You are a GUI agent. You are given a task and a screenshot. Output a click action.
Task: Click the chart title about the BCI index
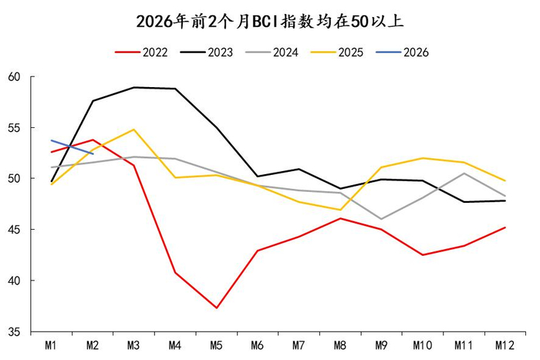(x=270, y=20)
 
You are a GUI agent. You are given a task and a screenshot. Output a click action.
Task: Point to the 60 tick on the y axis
(x=14, y=76)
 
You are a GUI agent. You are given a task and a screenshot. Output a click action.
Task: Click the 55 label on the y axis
(x=14, y=127)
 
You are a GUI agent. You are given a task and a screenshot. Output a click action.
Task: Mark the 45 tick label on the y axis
(x=14, y=230)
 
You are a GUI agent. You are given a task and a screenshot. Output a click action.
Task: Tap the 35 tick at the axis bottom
(x=14, y=332)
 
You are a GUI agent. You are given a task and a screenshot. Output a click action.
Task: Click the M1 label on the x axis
(x=52, y=345)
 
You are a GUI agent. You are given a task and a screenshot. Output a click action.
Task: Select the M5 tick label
(x=217, y=345)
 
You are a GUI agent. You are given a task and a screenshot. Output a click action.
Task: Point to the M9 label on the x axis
(x=382, y=345)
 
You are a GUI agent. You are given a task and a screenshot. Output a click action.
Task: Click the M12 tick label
(x=505, y=345)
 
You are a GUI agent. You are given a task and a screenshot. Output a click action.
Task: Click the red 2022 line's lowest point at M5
(x=217, y=308)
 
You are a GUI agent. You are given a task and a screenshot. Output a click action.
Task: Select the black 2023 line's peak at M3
(x=134, y=87)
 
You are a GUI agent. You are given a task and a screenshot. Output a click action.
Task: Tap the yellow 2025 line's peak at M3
(x=134, y=130)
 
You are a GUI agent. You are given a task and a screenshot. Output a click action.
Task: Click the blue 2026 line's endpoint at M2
(x=93, y=153)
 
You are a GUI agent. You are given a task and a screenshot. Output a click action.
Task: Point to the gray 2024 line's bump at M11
(x=464, y=173)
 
